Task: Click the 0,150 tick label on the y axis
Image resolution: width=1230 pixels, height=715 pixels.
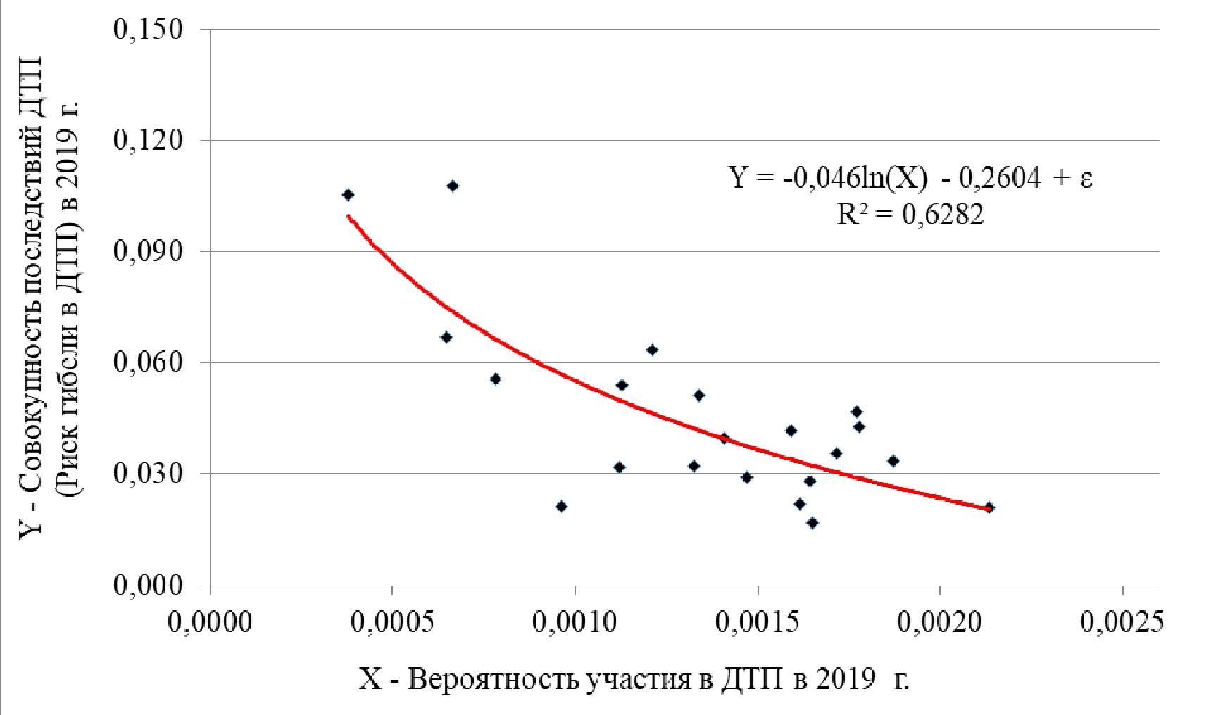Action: tap(148, 30)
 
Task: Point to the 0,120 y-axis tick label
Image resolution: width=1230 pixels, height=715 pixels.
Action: tap(148, 141)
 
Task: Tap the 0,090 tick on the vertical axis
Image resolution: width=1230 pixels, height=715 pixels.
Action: tap(148, 251)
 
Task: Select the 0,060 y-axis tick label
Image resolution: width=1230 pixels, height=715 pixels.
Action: tap(148, 362)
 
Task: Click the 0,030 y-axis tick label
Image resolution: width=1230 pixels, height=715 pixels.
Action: tap(148, 474)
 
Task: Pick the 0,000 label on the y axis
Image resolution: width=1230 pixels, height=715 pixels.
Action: tap(148, 585)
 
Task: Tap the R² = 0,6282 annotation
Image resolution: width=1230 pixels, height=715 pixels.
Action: tap(910, 213)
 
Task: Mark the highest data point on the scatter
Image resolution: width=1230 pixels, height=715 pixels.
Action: tap(453, 186)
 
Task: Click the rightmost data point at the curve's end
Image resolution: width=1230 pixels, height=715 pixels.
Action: tap(989, 507)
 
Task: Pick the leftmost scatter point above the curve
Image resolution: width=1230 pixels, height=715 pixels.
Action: tap(348, 194)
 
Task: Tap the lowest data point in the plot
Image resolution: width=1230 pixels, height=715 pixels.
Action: tap(812, 523)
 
